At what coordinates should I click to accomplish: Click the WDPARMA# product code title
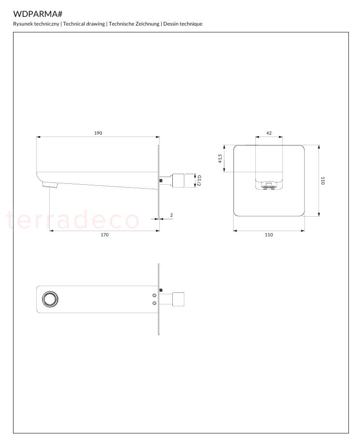pyautogui.click(x=38, y=14)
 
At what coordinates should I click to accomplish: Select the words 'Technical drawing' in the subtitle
pyautogui.click(x=84, y=24)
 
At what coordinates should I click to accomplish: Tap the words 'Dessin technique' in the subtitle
pyautogui.click(x=183, y=24)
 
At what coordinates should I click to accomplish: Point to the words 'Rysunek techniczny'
pyautogui.click(x=36, y=24)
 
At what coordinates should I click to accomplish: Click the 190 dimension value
pyautogui.click(x=98, y=133)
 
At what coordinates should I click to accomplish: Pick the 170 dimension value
pyautogui.click(x=105, y=235)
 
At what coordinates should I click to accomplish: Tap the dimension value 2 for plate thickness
pyautogui.click(x=171, y=215)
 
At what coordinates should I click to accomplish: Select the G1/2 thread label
pyautogui.click(x=199, y=180)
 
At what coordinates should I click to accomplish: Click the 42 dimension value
pyautogui.click(x=269, y=133)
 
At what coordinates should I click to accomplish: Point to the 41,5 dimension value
pyautogui.click(x=220, y=159)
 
